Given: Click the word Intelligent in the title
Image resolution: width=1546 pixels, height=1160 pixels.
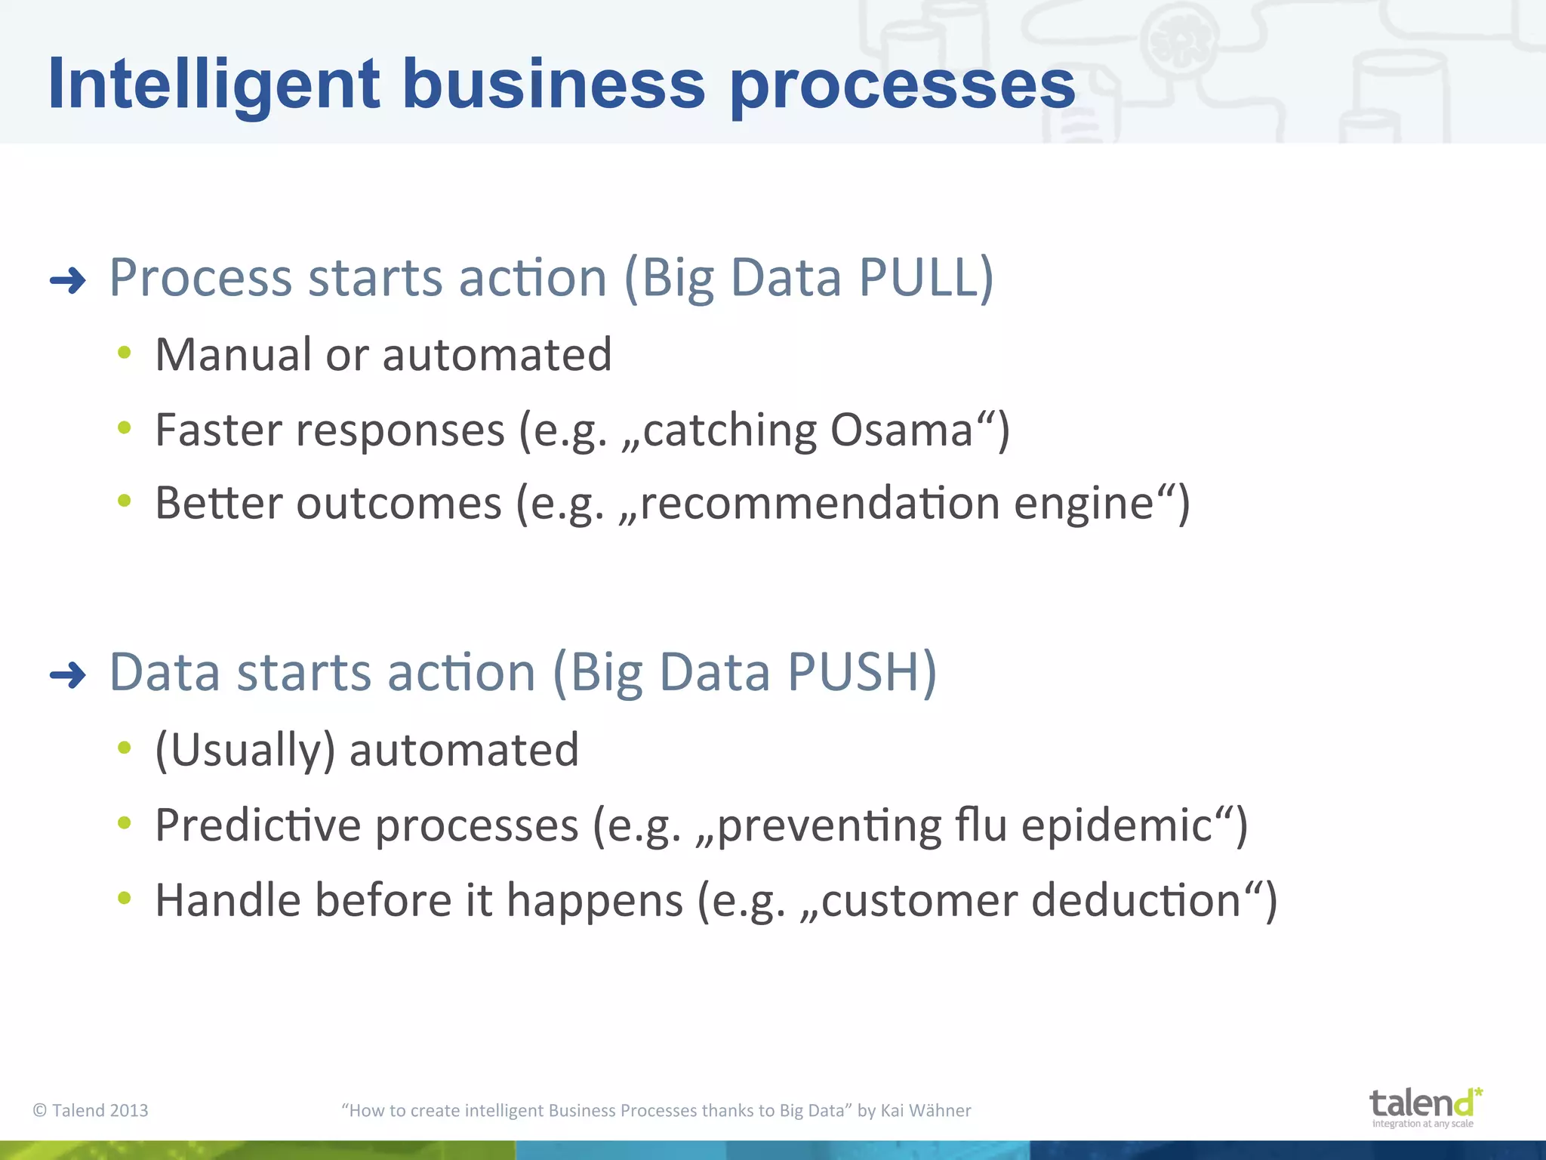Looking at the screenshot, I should coord(214,85).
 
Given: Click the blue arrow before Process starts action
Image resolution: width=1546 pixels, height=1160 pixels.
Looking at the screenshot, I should coord(68,282).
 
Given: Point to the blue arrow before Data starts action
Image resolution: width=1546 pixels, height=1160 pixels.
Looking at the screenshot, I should coord(68,674).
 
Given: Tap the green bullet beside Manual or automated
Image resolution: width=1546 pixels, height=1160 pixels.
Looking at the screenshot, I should coord(125,353).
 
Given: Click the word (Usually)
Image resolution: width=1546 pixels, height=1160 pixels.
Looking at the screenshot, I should coord(245,750).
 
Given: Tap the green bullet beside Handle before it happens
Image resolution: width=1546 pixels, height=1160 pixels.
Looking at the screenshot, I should coord(125,898).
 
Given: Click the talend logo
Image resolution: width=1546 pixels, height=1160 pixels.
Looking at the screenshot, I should coord(1424,1106).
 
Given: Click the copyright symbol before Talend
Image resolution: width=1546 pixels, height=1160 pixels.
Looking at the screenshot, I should coord(40,1110).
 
